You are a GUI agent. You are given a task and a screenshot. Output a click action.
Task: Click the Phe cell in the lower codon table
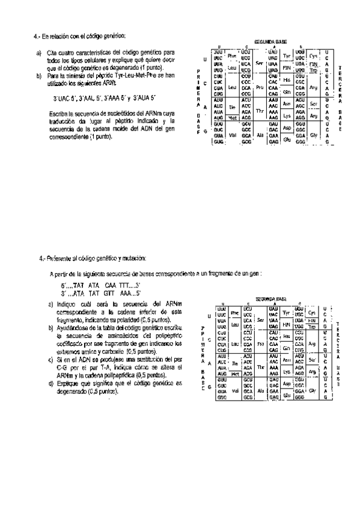click(235, 313)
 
